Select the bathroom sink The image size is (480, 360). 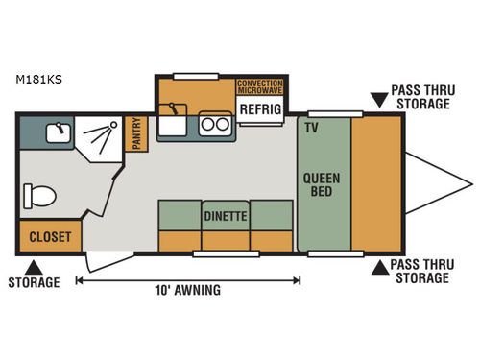point(59,130)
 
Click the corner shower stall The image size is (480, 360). point(100,139)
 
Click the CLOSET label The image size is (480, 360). point(49,236)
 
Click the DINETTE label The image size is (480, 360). point(226,217)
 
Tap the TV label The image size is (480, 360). point(310,127)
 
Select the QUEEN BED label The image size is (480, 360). point(323,184)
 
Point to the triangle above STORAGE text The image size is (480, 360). point(34,266)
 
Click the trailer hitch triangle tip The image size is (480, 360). point(470,182)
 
